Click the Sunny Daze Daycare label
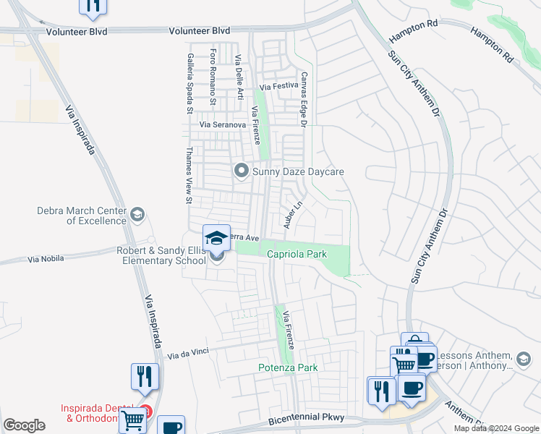297,171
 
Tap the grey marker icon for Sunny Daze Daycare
241,171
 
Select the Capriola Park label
297,255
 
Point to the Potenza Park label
288,367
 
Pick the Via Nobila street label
46,258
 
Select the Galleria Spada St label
189,83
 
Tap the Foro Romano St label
213,77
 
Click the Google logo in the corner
25,425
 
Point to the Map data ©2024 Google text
495,428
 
